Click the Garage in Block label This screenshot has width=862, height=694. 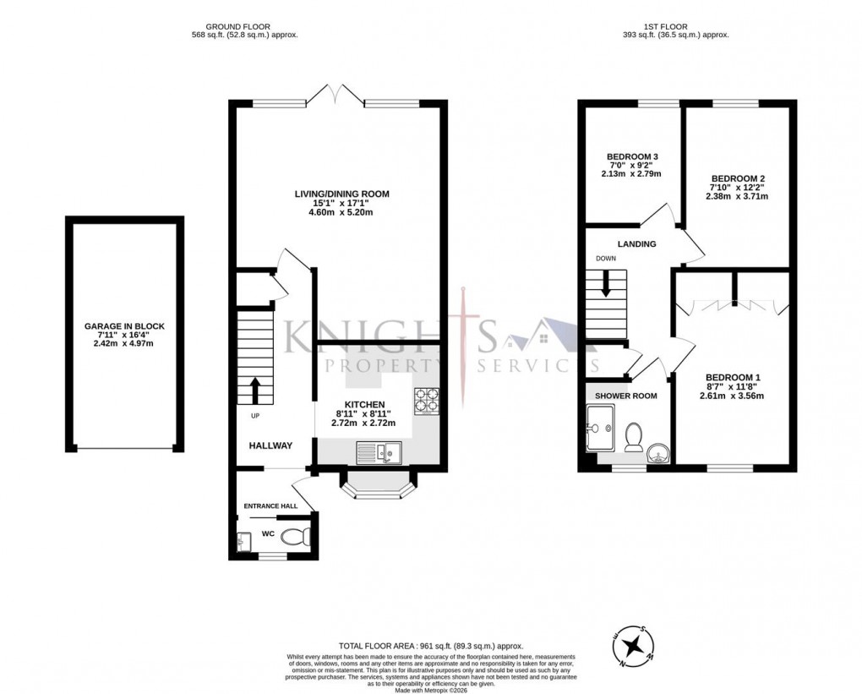[123, 325]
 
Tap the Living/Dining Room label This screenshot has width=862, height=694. [341, 194]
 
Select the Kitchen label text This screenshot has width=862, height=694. [364, 405]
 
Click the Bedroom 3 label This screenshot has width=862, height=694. [632, 157]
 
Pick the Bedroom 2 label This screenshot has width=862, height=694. [738, 178]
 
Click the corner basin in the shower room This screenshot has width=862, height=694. [657, 454]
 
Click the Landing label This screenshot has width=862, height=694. [636, 244]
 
